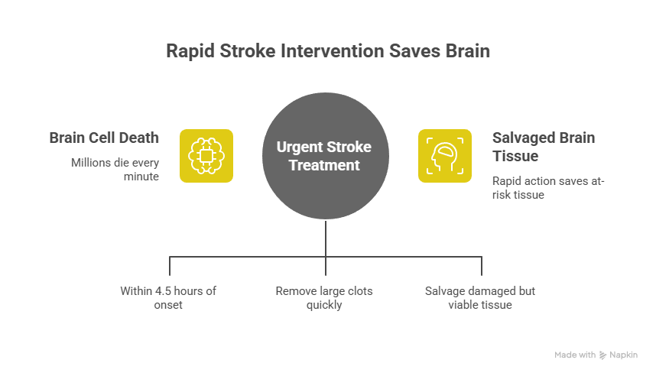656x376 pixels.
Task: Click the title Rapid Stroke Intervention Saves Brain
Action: pyautogui.click(x=328, y=52)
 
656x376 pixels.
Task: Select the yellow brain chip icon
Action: pyautogui.click(x=206, y=156)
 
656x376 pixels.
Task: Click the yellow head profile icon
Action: pyautogui.click(x=444, y=156)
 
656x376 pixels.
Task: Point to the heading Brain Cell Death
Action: pyautogui.click(x=104, y=138)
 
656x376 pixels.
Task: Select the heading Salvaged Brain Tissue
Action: pyautogui.click(x=544, y=147)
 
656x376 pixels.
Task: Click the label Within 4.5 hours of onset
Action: pyautogui.click(x=168, y=298)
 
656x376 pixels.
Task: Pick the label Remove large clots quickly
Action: pyautogui.click(x=325, y=298)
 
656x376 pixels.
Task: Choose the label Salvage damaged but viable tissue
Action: pyautogui.click(x=480, y=298)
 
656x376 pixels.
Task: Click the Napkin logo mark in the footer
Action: pyautogui.click(x=603, y=355)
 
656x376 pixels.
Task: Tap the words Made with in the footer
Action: pyautogui.click(x=575, y=355)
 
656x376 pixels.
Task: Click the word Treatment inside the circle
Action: pyautogui.click(x=327, y=164)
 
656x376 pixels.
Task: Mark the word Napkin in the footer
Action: pyautogui.click(x=624, y=355)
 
